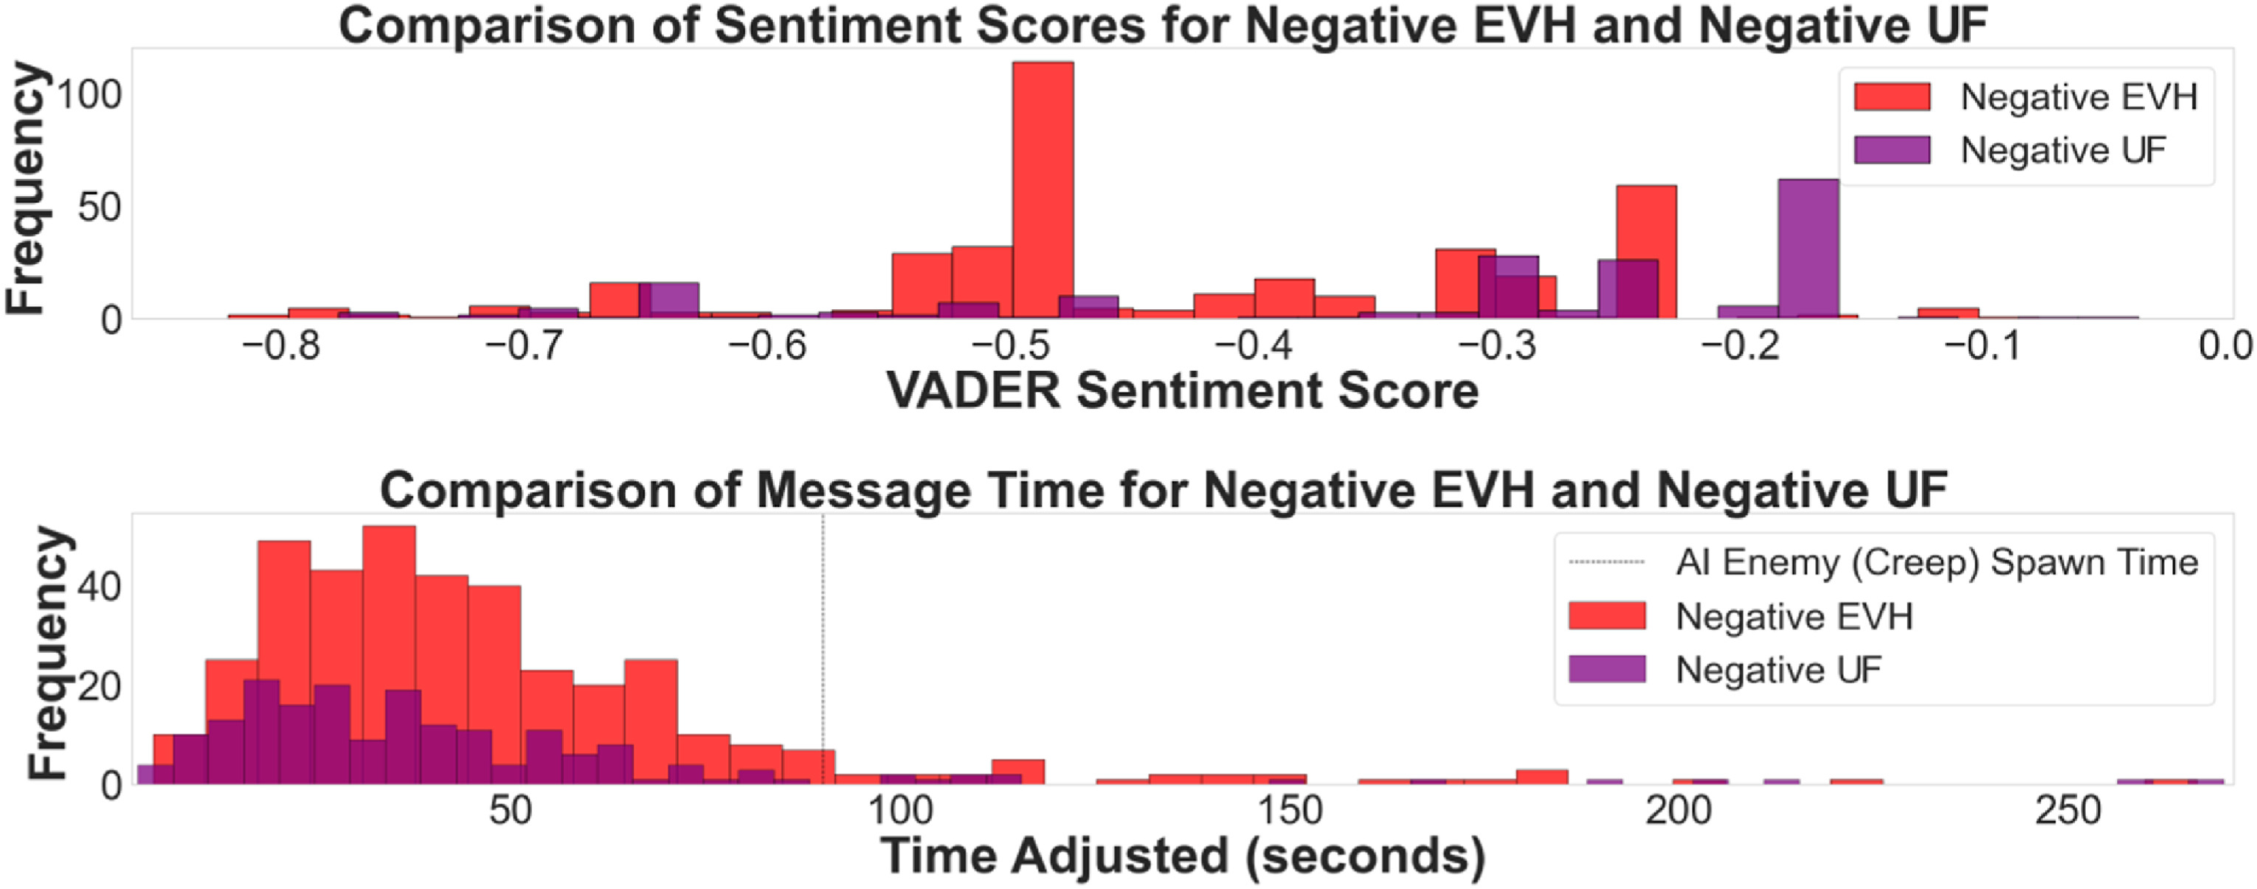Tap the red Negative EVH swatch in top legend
[x=1892, y=97]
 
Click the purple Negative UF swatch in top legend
[x=1892, y=151]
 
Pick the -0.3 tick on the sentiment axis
[x=1496, y=347]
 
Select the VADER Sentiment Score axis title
[x=1182, y=390]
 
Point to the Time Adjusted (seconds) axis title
[x=1182, y=856]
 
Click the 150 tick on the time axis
[x=1289, y=811]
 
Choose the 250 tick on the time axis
[x=2067, y=811]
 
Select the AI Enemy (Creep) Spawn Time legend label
[x=1936, y=562]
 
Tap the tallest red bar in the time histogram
[x=389, y=613]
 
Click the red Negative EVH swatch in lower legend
[x=1606, y=616]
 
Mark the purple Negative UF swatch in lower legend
[x=1606, y=669]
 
